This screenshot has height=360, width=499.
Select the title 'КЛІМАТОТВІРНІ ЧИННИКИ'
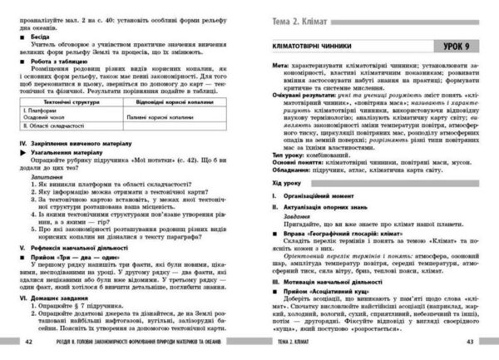(321, 47)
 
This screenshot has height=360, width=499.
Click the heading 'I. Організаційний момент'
(316, 219)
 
